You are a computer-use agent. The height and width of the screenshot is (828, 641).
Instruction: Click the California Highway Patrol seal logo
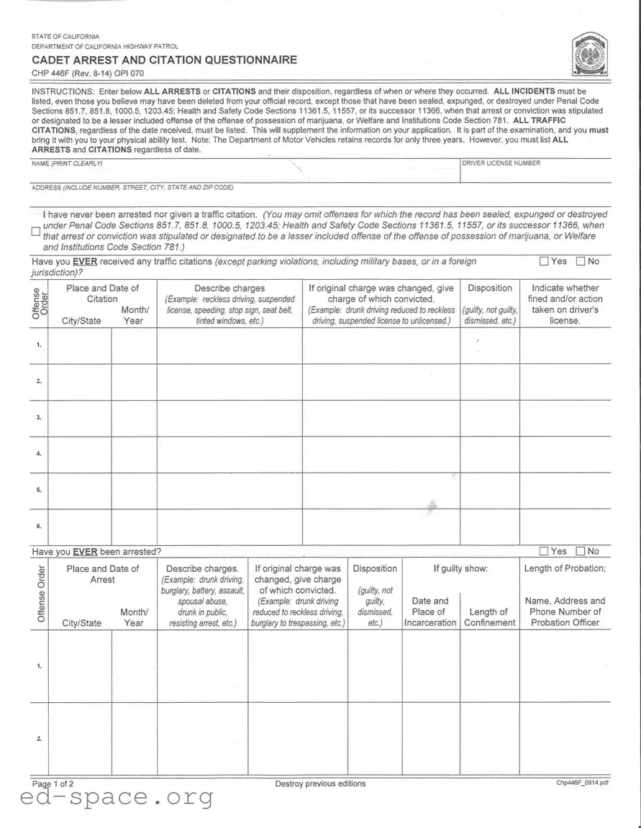590,55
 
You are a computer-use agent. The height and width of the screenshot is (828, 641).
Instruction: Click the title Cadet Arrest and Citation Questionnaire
164,60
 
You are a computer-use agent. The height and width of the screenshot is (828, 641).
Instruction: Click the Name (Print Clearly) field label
67,164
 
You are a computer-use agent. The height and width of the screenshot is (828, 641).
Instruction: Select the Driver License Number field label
501,163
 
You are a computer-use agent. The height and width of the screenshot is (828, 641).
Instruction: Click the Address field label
132,188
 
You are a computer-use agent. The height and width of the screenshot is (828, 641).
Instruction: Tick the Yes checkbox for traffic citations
545,262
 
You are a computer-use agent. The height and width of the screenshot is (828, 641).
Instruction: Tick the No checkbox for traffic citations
581,262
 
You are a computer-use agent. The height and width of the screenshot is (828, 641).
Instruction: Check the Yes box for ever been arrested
545,552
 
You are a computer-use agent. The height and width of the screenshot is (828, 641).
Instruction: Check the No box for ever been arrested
581,552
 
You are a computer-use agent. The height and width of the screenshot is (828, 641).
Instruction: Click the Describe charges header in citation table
229,288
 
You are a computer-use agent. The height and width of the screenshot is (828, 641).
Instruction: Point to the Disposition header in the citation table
490,288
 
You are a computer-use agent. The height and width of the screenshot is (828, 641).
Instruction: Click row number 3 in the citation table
39,418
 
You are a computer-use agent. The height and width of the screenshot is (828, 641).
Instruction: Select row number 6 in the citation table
39,527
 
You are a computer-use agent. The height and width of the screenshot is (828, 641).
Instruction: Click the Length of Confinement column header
489,617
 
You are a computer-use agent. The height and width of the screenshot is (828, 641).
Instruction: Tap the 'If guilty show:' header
460,569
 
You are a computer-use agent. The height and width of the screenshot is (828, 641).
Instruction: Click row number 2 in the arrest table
39,739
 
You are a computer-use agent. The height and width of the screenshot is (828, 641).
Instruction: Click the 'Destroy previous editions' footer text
320,784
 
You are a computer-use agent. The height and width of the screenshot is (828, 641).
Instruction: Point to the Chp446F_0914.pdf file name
582,783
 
